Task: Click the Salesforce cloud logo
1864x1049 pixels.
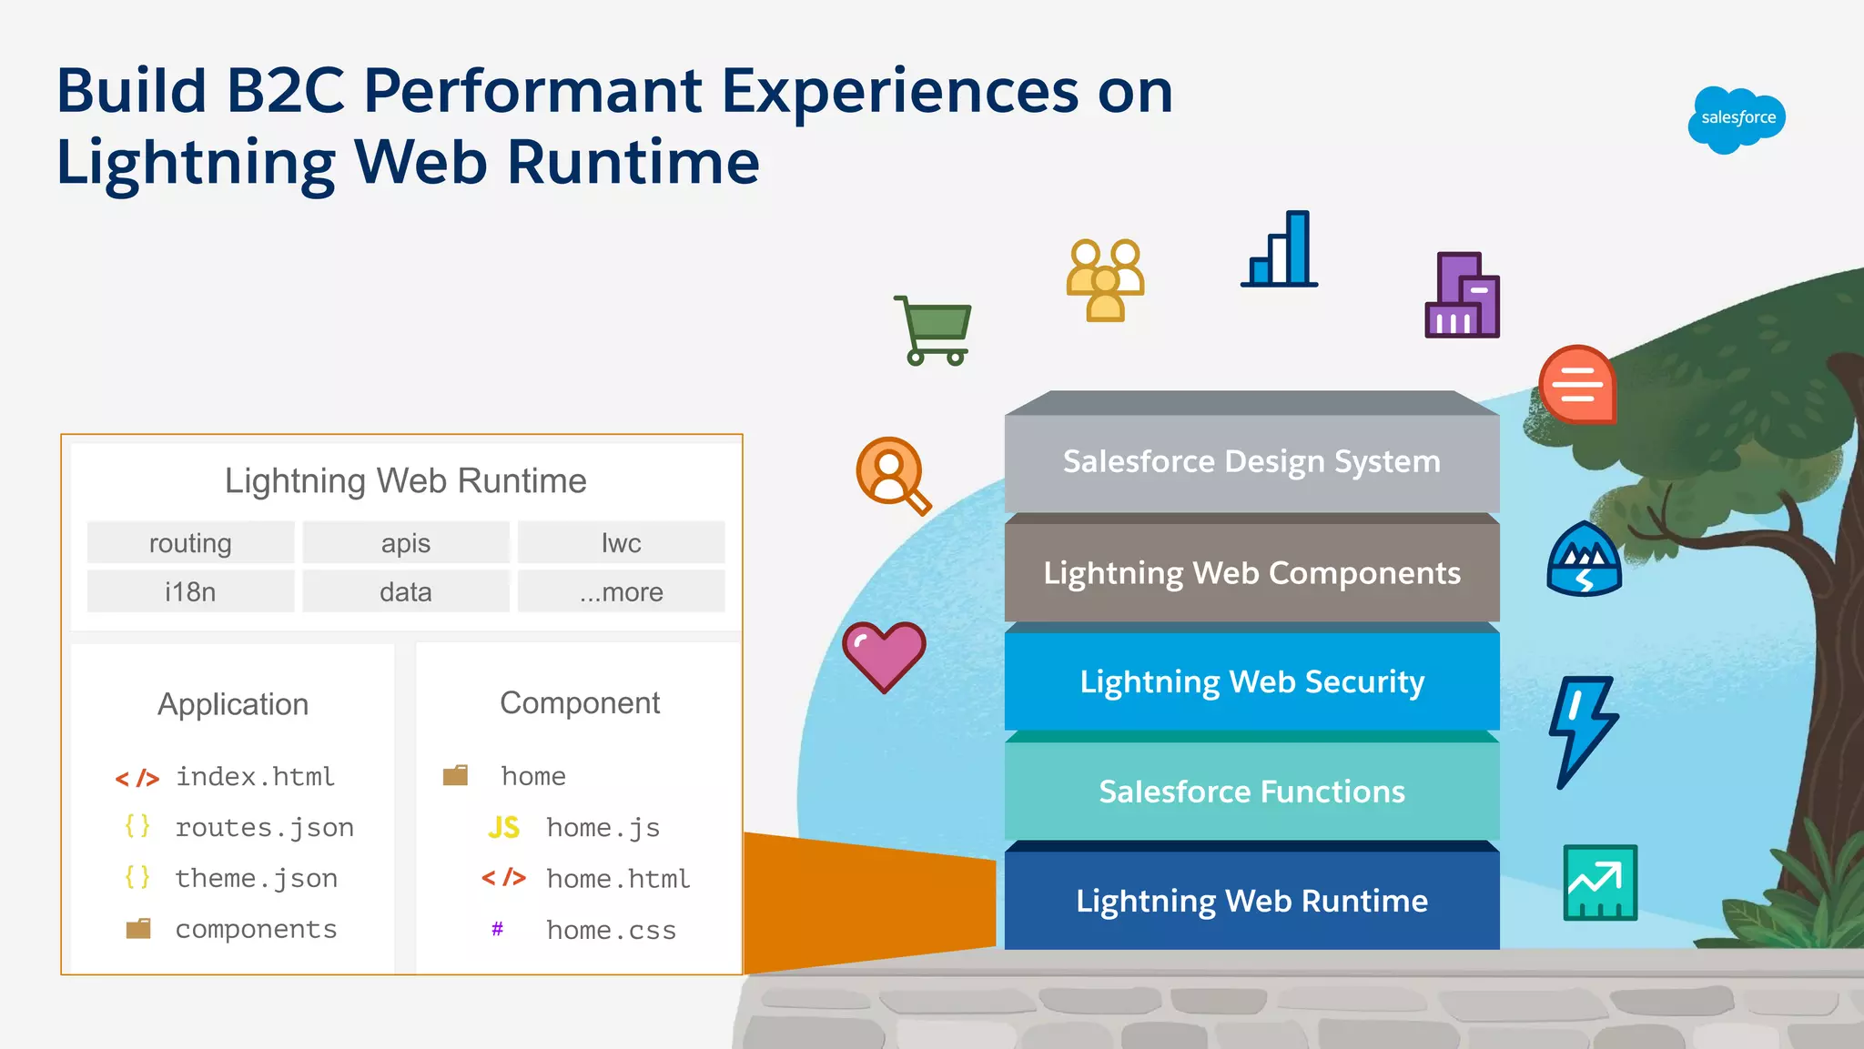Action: tap(1737, 119)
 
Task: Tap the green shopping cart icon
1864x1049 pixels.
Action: tap(935, 329)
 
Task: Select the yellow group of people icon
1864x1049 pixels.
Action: tap(1105, 279)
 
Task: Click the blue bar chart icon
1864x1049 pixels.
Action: tap(1281, 250)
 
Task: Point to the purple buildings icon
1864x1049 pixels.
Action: tap(1462, 296)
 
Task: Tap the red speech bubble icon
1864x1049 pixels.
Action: tap(1577, 385)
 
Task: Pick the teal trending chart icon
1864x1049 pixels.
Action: tap(1600, 883)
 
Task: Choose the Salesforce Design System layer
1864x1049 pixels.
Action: tap(1251, 462)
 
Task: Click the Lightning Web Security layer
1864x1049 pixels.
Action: tap(1251, 682)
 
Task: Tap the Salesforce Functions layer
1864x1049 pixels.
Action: tap(1251, 792)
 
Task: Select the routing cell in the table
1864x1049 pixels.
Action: tap(190, 543)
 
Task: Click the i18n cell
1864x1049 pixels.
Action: tap(190, 592)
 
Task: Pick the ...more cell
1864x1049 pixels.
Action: tap(621, 592)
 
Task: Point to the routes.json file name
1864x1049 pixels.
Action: tap(264, 828)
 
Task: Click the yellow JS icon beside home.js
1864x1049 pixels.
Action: tap(503, 828)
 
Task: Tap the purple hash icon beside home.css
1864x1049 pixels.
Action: tap(497, 929)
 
